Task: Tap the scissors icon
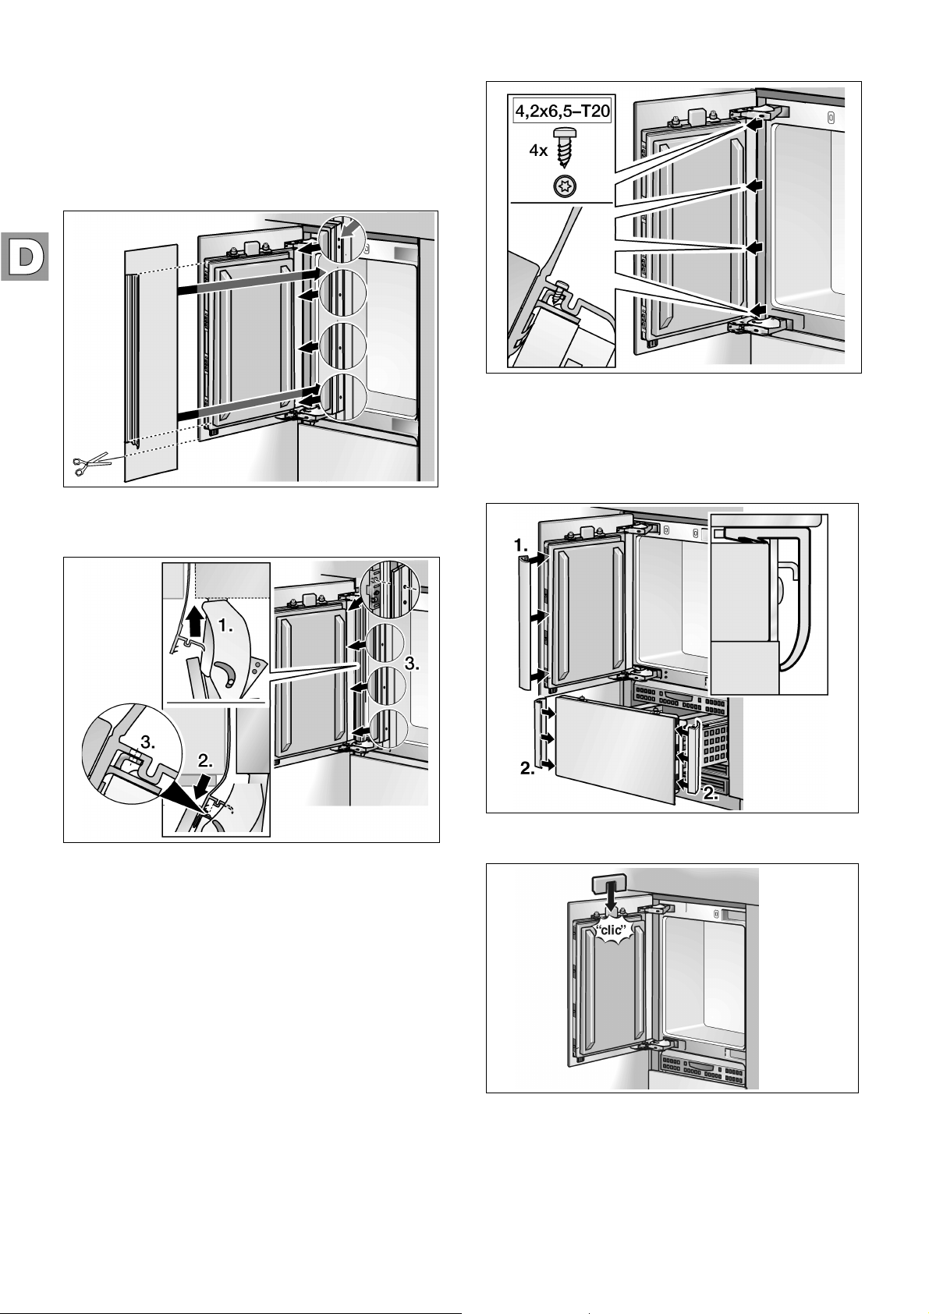coord(91,465)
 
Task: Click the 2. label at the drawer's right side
coord(714,794)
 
